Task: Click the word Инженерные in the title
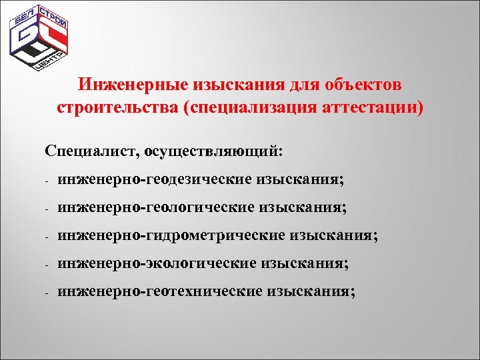[x=133, y=85]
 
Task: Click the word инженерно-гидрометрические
[x=170, y=235]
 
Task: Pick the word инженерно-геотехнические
[x=160, y=291]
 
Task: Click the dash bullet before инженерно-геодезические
[x=48, y=181]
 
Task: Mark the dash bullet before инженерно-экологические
[x=48, y=264]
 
